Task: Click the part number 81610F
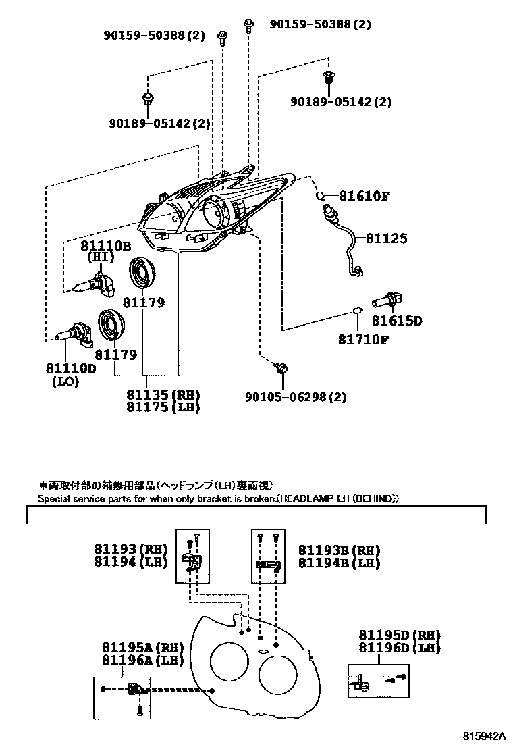[x=364, y=196]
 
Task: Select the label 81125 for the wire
[x=387, y=238]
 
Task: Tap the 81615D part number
[x=397, y=320]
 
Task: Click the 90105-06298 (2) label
[x=295, y=397]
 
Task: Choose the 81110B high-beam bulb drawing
[x=94, y=282]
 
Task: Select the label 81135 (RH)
[x=163, y=394]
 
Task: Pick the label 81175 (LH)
[x=163, y=407]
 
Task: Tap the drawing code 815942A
[x=484, y=735]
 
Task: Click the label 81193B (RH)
[x=339, y=550]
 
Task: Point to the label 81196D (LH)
[x=399, y=648]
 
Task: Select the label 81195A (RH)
[x=142, y=648]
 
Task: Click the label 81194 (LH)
[x=131, y=561]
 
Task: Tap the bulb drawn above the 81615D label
[x=387, y=301]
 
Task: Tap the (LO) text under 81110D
[x=65, y=382]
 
